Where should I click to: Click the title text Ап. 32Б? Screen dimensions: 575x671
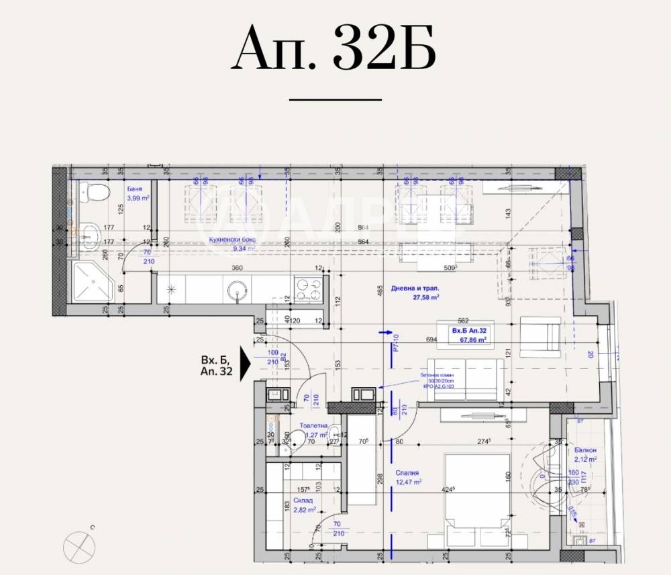click(x=333, y=50)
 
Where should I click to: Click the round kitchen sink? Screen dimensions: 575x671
click(x=238, y=290)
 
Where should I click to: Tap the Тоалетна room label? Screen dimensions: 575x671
click(x=313, y=425)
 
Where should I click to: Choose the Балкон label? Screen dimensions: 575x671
click(x=585, y=450)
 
